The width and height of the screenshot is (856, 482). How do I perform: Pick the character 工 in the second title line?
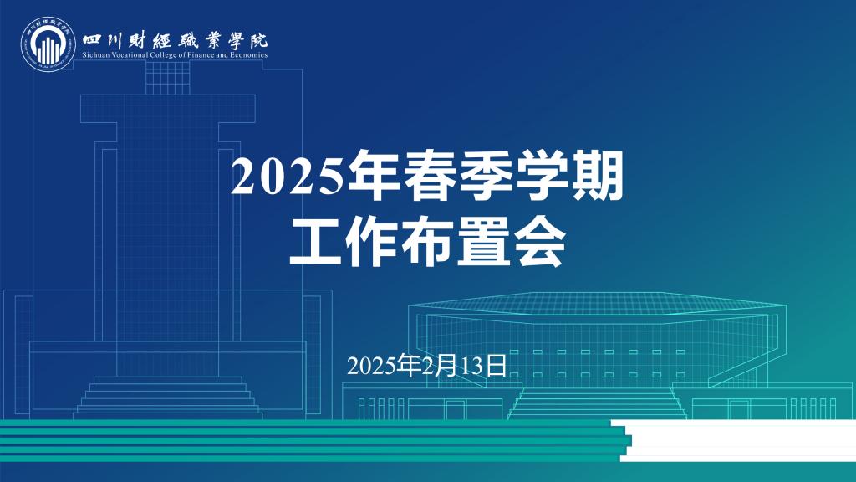(317, 242)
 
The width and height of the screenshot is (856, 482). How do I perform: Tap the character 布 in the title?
(428, 242)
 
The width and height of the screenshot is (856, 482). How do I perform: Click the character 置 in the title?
(484, 242)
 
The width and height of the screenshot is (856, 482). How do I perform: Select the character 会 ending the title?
(539, 242)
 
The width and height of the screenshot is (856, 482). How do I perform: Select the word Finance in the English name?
(204, 55)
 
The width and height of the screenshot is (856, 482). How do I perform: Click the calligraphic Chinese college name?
(176, 38)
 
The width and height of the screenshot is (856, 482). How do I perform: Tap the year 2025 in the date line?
(371, 366)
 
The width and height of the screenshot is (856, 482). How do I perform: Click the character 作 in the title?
(373, 242)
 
